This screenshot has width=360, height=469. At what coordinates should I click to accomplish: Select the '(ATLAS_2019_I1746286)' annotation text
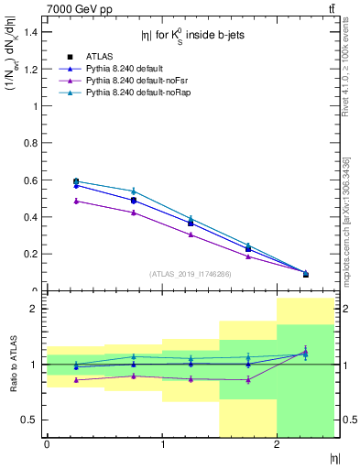click(x=191, y=273)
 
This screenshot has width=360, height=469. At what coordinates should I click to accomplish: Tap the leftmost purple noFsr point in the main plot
click(x=76, y=201)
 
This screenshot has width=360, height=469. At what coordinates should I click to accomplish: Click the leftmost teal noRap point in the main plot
click(x=76, y=181)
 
